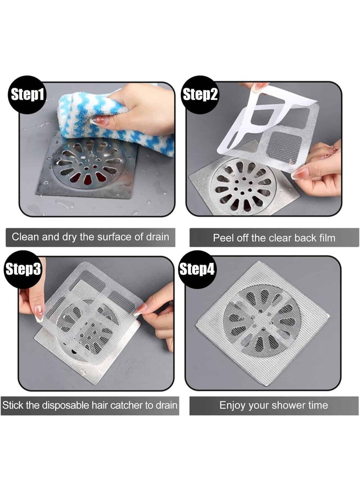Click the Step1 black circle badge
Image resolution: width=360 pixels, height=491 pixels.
(x=27, y=95)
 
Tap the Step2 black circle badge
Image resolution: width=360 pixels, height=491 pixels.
(x=200, y=95)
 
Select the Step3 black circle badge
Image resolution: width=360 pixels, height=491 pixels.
(x=23, y=270)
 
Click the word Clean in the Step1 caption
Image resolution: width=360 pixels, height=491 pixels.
(x=26, y=237)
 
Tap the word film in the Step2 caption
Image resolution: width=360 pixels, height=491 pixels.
(x=325, y=238)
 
